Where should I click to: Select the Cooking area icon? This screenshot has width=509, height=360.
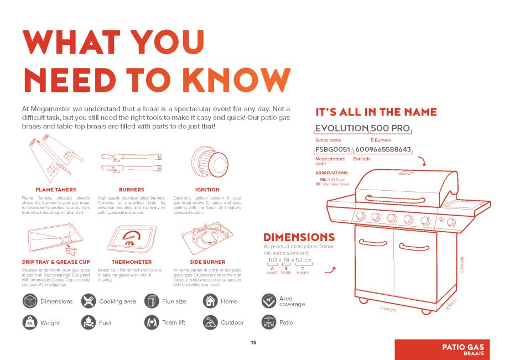[89, 301]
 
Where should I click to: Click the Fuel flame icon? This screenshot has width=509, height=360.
[89, 322]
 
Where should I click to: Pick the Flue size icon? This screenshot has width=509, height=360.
[152, 301]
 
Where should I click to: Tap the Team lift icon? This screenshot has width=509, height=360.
[152, 322]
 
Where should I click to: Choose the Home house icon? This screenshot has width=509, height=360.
[210, 301]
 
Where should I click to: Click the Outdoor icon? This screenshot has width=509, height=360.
[210, 322]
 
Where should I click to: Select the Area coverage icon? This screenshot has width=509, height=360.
[268, 301]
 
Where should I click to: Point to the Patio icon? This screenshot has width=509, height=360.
[268, 322]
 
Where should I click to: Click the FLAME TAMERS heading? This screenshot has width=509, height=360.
[55, 190]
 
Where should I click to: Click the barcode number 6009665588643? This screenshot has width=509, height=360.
[383, 149]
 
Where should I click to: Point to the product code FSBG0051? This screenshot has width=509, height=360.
[333, 149]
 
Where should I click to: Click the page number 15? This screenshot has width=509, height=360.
[253, 343]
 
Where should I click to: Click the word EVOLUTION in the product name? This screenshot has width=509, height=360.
[341, 128]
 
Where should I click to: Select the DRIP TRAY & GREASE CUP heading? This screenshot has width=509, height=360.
[55, 262]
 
